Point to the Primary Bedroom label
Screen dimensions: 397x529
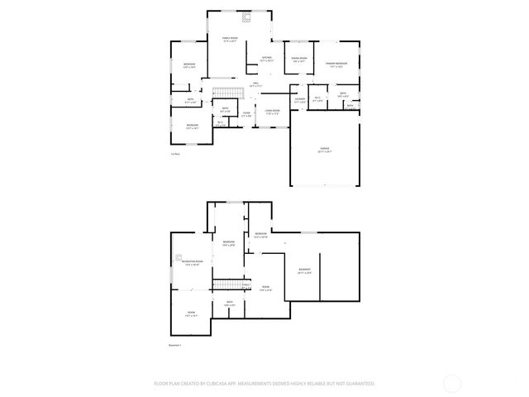[x=336, y=64]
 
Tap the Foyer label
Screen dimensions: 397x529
[x=246, y=114]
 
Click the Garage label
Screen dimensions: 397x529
[x=325, y=150]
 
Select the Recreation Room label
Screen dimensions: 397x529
[x=192, y=263]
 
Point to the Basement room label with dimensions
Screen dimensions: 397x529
[x=305, y=271]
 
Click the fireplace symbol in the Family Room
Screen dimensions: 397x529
[x=245, y=17]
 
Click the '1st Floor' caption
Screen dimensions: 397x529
[x=175, y=154]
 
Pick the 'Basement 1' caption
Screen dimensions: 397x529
[x=174, y=345]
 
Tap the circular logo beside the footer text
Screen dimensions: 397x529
[x=452, y=383]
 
